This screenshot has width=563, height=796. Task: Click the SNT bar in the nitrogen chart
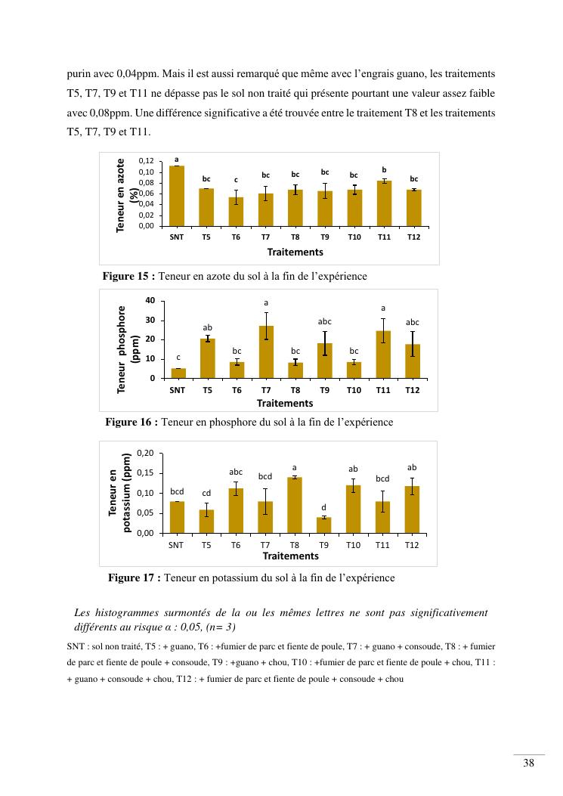click(177, 196)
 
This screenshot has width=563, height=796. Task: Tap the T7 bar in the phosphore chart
click(266, 352)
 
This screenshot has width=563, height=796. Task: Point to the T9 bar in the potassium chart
click(323, 525)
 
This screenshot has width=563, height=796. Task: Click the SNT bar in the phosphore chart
click(178, 373)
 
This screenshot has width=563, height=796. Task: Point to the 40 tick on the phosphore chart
click(150, 301)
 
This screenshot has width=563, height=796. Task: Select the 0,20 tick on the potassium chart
click(145, 453)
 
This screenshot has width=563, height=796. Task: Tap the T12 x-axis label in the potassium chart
click(411, 544)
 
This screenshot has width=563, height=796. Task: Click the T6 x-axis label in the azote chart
click(236, 237)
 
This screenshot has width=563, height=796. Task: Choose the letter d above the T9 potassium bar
click(323, 507)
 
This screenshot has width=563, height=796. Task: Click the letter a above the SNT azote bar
click(177, 160)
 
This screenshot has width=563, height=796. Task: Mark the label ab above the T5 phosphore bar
click(208, 327)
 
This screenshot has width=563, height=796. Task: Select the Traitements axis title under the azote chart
click(295, 252)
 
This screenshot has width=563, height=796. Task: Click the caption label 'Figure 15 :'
click(129, 277)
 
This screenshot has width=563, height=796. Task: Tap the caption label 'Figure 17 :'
click(135, 578)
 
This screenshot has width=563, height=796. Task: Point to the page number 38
click(529, 763)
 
